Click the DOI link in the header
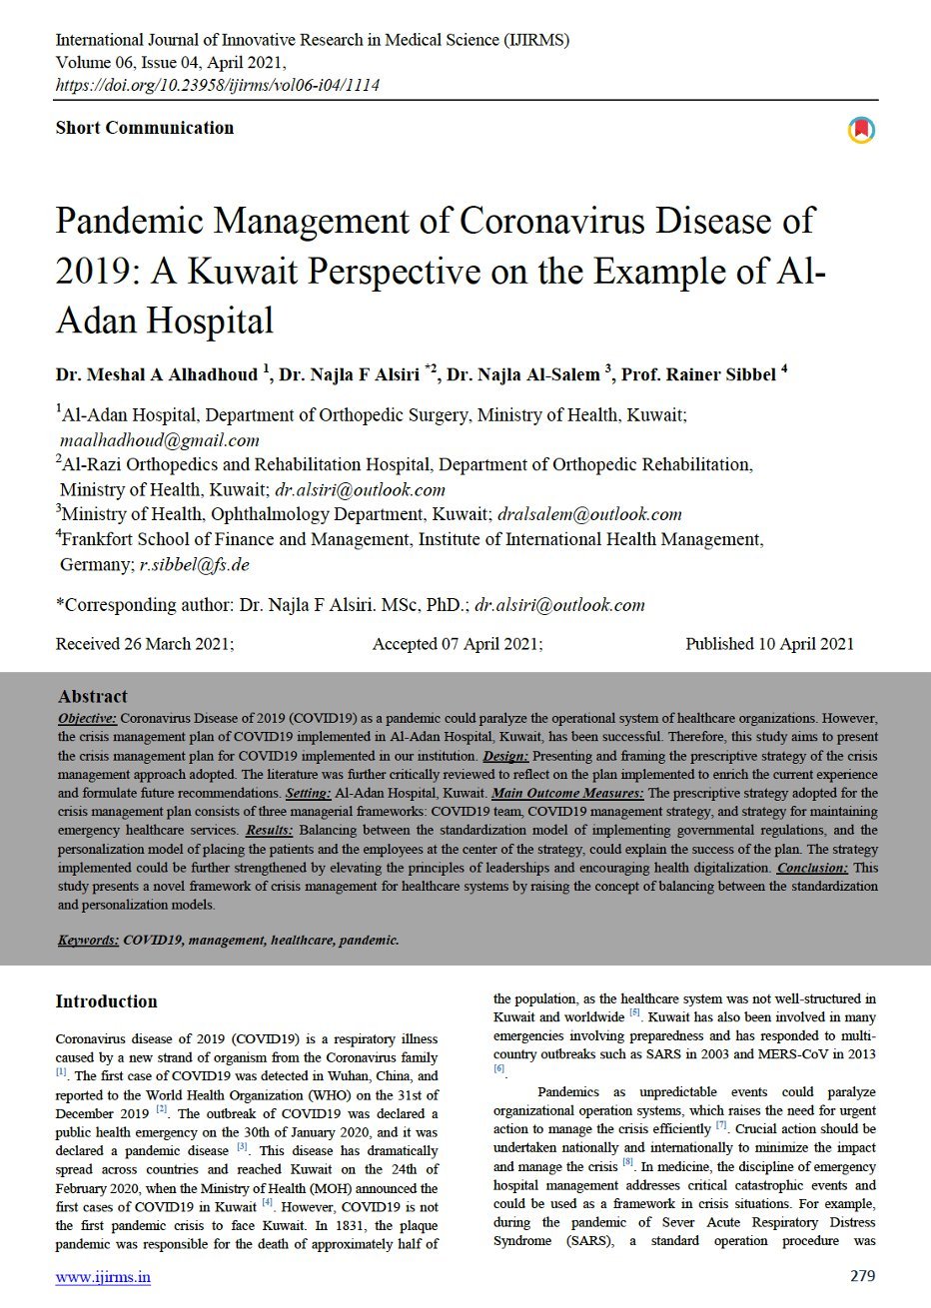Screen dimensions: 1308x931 [217, 85]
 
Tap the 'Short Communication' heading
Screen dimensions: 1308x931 [145, 128]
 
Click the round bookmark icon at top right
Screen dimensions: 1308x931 [861, 130]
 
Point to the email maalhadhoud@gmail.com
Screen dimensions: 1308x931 [159, 440]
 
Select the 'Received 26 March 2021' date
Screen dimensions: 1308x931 [145, 644]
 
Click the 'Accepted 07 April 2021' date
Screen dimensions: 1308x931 [458, 644]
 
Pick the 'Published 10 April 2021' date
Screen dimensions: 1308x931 [769, 644]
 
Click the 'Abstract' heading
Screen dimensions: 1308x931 [93, 697]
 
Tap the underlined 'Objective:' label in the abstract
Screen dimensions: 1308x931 [88, 718]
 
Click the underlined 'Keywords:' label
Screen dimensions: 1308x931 [88, 940]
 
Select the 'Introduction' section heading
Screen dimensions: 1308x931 [107, 1001]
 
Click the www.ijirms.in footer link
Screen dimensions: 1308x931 [103, 1277]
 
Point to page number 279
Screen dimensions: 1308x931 [862, 1276]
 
